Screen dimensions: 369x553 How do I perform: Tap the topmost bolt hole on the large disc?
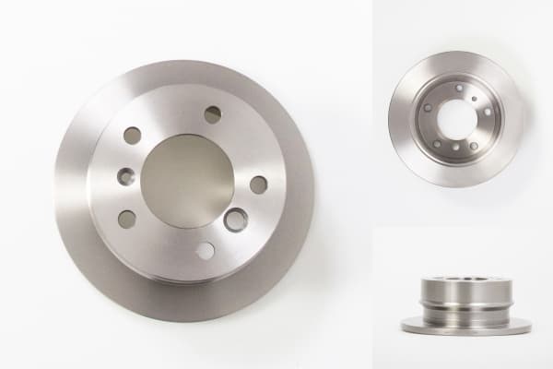click(x=213, y=114)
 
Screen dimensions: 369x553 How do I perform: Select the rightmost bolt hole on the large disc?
click(x=259, y=184)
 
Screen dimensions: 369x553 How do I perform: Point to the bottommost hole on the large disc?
click(x=205, y=251)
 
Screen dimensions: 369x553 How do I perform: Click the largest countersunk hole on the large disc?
click(x=236, y=220)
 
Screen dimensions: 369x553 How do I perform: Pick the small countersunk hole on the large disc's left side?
click(x=126, y=176)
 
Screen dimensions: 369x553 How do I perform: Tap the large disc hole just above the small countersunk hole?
click(x=133, y=136)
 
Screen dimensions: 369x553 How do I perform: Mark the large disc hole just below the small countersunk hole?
click(x=127, y=220)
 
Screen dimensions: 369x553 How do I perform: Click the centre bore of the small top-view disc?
click(x=454, y=119)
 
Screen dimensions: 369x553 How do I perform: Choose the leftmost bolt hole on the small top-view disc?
click(x=428, y=107)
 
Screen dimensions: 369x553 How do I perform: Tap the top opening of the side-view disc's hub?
click(x=465, y=278)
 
